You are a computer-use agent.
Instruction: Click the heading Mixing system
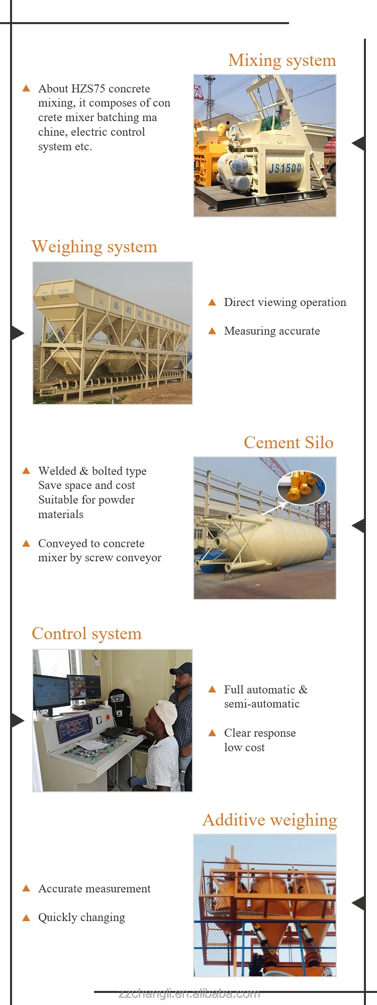pos(282,60)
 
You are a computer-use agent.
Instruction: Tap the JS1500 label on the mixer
pos(285,168)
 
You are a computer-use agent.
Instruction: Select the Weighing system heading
pos(95,247)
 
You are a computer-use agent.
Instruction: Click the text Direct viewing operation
pos(285,302)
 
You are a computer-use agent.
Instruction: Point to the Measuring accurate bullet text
pos(272,331)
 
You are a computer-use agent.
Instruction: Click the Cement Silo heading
pos(289,442)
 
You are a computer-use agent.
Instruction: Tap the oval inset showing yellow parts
pos(301,487)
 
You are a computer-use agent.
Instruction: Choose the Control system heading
pos(86,634)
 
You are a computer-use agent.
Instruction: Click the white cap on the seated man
pos(166,715)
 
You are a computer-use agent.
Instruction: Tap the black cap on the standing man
pos(182,668)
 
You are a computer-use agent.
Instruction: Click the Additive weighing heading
pos(269,820)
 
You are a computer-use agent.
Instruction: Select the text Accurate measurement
pos(95,888)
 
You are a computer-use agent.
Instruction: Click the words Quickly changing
pos(81,917)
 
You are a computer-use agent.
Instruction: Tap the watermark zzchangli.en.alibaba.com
pos(189,993)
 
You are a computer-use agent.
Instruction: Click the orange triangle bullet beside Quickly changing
pos(27,917)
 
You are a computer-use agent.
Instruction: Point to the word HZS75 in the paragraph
pos(88,88)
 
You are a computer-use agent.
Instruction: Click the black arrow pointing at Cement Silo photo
pos(358,526)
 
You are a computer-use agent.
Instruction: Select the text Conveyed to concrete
pos(91,543)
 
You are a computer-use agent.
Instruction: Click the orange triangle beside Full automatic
pos(212,689)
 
